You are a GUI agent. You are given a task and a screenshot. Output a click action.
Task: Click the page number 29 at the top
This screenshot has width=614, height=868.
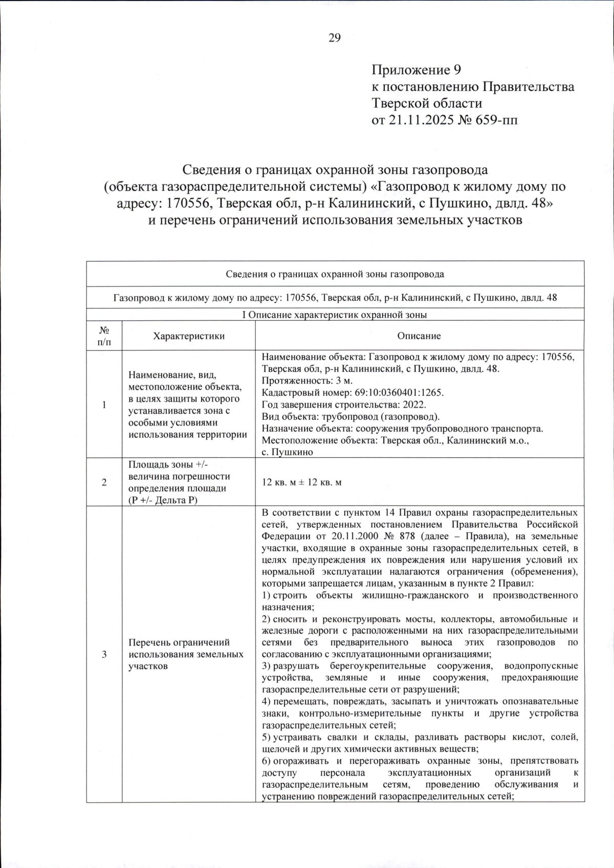click(x=335, y=38)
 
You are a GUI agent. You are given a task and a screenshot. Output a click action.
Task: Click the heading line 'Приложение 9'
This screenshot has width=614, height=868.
click(x=417, y=70)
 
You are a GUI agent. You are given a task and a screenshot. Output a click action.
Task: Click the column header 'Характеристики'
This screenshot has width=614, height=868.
click(x=189, y=336)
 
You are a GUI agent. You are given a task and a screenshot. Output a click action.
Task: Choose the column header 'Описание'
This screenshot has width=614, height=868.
click(x=419, y=336)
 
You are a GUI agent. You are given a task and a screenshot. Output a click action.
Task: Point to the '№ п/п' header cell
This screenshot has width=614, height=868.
click(x=104, y=336)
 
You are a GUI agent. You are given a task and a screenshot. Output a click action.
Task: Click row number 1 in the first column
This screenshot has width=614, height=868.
click(x=104, y=405)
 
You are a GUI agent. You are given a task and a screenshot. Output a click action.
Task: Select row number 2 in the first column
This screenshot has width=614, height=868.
click(x=104, y=482)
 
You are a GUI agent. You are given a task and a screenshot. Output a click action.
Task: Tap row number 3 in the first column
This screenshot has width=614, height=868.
click(x=104, y=655)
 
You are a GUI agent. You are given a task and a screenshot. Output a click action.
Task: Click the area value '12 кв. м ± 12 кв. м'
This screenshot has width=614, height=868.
click(x=301, y=482)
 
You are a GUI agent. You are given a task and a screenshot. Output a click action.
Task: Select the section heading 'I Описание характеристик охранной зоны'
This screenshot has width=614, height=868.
click(x=335, y=315)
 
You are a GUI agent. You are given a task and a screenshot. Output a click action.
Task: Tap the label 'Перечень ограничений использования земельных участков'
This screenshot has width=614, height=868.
click(x=186, y=655)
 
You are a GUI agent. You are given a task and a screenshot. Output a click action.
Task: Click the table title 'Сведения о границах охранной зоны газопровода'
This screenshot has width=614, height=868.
click(x=335, y=274)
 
